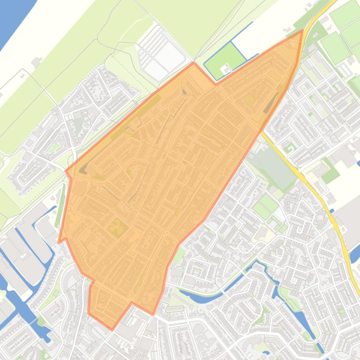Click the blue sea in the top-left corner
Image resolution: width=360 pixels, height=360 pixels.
click(x=12, y=19)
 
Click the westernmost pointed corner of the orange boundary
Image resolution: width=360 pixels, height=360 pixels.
click(x=59, y=242)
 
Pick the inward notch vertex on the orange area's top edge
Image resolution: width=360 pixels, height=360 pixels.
click(x=216, y=84)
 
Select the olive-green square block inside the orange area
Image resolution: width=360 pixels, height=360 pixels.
click(x=118, y=229)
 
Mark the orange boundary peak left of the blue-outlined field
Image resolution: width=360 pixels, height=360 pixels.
click(x=194, y=63)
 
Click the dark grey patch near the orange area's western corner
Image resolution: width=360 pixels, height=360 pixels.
click(x=83, y=170)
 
